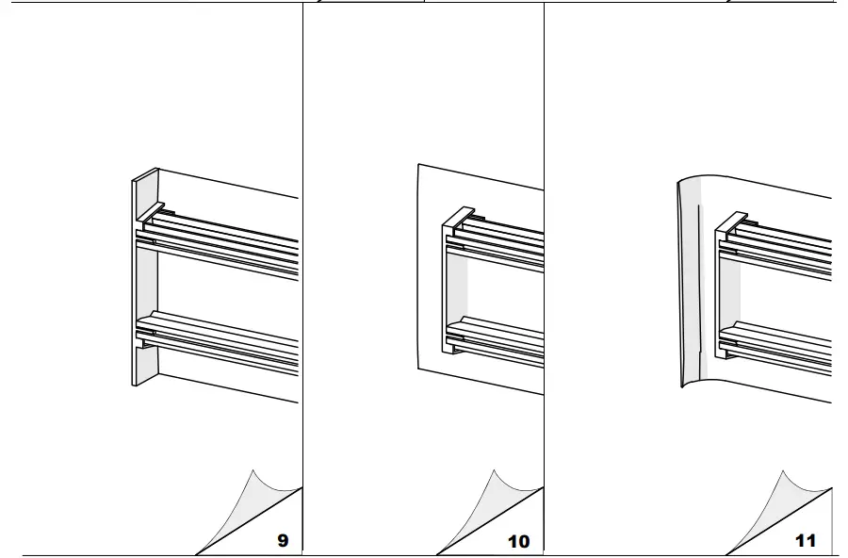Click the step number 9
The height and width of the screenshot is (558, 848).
coord(283,541)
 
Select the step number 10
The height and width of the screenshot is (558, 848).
coord(519,541)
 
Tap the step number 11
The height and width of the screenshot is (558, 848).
coord(805,541)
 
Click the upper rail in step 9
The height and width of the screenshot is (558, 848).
coord(226,235)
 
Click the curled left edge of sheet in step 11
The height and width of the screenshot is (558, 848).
coord(687,283)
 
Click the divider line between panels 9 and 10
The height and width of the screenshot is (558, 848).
coord(302,283)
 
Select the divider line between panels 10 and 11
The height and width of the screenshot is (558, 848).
coord(544,283)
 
